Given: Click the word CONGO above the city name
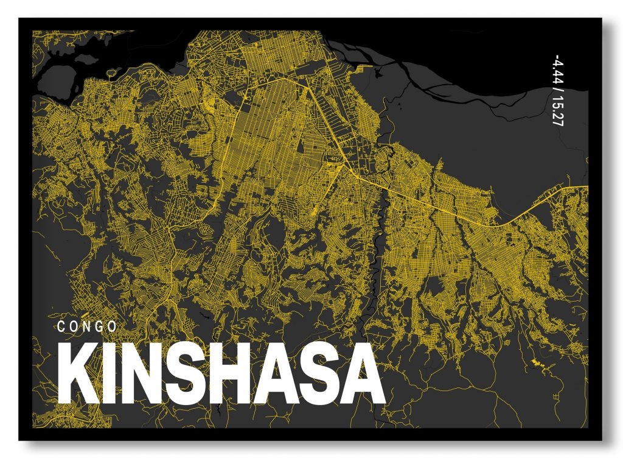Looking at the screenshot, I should coord(87,326).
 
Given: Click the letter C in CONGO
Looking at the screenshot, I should coord(61,326).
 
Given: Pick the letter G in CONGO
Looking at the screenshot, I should coord(99,326).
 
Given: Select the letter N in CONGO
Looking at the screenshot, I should coord(86,326).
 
